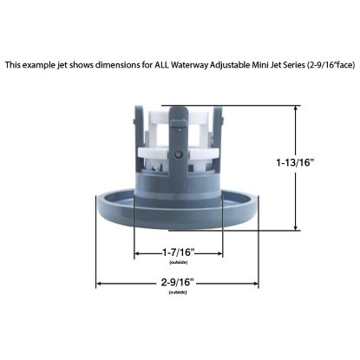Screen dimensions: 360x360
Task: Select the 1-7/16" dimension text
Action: [x=178, y=251]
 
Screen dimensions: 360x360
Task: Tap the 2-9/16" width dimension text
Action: [x=177, y=283]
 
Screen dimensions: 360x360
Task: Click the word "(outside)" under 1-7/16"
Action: [x=178, y=260]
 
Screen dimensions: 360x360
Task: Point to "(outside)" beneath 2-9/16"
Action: [x=177, y=292]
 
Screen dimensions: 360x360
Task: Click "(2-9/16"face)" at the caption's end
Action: [x=326, y=64]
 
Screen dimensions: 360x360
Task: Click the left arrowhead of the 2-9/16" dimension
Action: [x=99, y=284]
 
